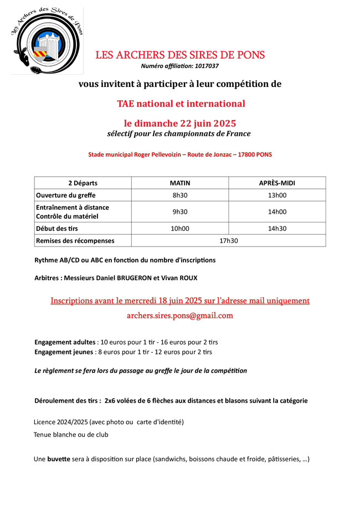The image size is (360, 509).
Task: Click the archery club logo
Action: click(x=47, y=41)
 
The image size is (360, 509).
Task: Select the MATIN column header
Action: click(x=179, y=183)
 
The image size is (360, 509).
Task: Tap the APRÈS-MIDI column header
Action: click(x=277, y=183)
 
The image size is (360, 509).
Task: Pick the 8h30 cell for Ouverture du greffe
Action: click(x=179, y=195)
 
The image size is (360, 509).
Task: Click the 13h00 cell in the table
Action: click(x=277, y=195)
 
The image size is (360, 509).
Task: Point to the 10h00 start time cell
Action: click(x=179, y=228)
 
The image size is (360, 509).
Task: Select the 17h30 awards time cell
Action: click(x=228, y=240)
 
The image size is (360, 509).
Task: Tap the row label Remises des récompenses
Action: click(x=75, y=240)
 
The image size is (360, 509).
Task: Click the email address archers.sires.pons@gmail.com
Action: click(x=180, y=316)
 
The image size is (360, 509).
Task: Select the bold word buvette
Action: click(x=59, y=459)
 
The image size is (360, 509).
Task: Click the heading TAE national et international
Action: click(x=181, y=104)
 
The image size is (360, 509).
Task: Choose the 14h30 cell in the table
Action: click(x=277, y=228)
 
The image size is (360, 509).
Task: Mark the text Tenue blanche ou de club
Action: click(x=71, y=435)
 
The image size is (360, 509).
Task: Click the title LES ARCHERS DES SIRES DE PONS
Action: click(x=180, y=55)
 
